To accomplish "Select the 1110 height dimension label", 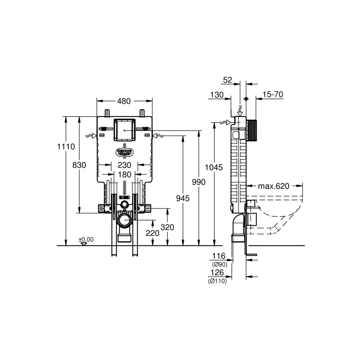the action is pos(66,147).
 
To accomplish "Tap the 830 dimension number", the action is pos(79,165).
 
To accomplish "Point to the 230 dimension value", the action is pos(124,165).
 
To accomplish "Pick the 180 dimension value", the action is pos(124,175).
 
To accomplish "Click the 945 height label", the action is pos(183,198).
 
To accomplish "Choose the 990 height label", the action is pos(199,182).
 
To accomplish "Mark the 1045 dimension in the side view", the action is pos(214,167).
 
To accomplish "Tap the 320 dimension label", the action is pos(167,227).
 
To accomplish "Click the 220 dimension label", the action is pos(152,233).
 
